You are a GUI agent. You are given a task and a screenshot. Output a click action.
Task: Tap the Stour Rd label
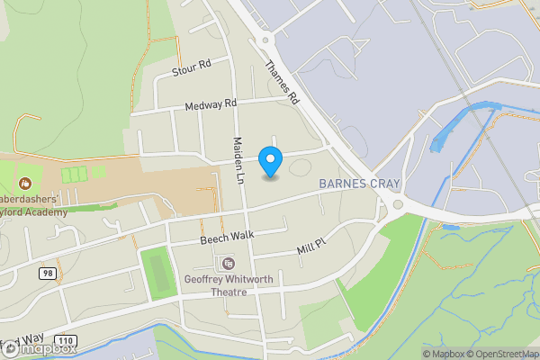coord(192,66)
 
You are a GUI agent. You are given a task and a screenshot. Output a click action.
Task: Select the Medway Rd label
coord(210,105)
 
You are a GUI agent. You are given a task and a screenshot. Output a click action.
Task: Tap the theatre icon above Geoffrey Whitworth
coord(228,263)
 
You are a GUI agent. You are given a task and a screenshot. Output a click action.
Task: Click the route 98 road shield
coord(47,272)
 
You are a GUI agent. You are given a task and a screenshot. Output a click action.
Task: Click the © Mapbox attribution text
coord(443,354)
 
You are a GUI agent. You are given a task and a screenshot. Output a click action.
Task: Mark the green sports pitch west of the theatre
coord(157,269)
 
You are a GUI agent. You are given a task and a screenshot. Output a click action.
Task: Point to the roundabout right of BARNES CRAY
coord(399,204)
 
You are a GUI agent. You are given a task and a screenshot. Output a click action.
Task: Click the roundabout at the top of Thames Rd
coord(265,39)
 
